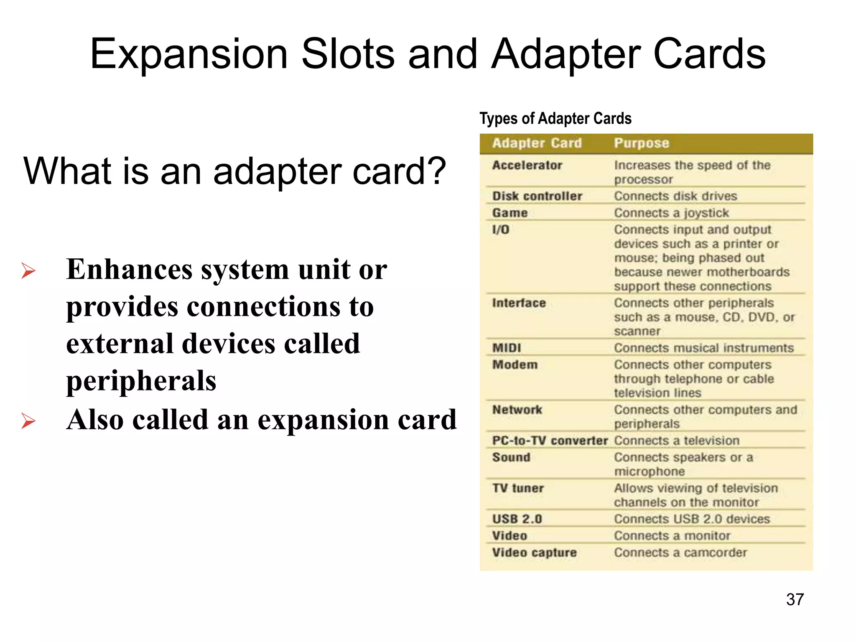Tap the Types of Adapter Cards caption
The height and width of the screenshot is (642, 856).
[x=555, y=119]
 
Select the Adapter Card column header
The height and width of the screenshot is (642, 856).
[x=537, y=143]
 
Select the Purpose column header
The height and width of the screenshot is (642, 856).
[x=641, y=143]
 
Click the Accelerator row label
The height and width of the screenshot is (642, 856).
[x=527, y=166]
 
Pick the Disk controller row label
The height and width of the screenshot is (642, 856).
[x=537, y=196]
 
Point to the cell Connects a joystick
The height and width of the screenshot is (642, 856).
[x=671, y=213]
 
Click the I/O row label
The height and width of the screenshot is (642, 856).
[x=501, y=230]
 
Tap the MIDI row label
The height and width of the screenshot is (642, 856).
[x=507, y=348]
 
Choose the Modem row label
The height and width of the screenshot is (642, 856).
[x=515, y=365]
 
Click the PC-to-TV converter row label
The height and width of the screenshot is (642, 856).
[x=550, y=441]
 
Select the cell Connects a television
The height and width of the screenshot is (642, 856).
[x=677, y=441]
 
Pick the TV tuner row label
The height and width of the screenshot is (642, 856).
[x=518, y=488]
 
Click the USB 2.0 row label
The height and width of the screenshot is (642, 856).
[x=517, y=519]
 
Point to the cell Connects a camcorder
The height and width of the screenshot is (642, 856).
[x=680, y=553]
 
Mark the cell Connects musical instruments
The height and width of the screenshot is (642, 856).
[x=704, y=348]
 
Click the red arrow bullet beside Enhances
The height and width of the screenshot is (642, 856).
[x=28, y=271]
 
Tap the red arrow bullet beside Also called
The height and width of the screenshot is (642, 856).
[x=28, y=421]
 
